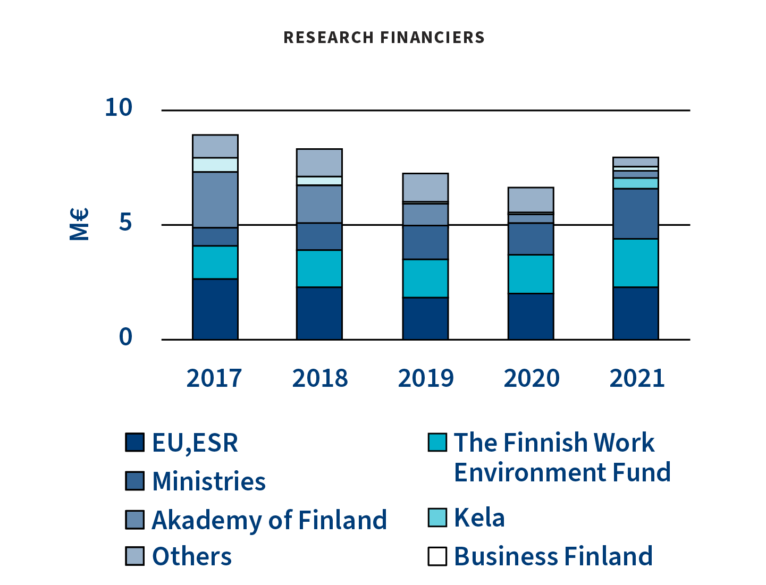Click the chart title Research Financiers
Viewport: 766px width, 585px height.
point(384,37)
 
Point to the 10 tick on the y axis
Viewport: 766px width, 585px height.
point(118,107)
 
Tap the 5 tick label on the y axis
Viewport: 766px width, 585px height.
point(125,223)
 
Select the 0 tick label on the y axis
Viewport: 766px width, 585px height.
point(125,337)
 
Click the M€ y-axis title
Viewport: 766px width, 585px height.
point(79,224)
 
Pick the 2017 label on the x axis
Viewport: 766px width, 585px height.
point(214,378)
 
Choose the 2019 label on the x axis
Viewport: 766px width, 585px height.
point(425,378)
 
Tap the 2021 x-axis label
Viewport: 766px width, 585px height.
point(637,378)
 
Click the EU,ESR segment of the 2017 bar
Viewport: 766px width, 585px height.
point(215,309)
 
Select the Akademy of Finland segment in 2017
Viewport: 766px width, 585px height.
point(215,200)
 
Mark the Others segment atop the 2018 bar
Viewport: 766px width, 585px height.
point(319,163)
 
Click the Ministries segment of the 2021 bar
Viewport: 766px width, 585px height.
point(636,214)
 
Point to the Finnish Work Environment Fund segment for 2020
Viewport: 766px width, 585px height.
point(531,274)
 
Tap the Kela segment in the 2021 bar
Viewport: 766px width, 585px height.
point(636,183)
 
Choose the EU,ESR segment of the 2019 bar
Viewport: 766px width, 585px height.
point(425,318)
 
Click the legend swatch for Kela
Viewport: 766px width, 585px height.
point(437,518)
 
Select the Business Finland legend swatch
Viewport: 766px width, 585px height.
point(437,556)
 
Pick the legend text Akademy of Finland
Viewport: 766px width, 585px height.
point(269,520)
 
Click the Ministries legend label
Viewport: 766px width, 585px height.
point(208,481)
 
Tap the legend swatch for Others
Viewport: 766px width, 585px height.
point(135,556)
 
